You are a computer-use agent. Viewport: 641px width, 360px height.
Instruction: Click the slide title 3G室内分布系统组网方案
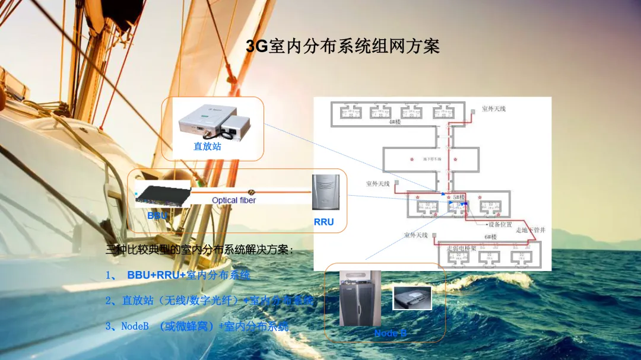pos(342,47)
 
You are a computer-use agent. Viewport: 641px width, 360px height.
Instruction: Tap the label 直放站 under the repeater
pos(207,146)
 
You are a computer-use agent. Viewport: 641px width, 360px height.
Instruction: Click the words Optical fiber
pos(234,200)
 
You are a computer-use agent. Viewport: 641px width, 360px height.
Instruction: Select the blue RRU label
pos(323,222)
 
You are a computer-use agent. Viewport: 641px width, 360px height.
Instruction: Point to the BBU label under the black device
pos(157,216)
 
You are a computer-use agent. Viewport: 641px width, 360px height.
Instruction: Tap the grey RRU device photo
pos(324,193)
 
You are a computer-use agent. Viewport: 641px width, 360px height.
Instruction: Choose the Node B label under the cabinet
pos(390,333)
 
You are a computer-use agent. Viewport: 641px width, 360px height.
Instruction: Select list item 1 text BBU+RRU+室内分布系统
pos(188,275)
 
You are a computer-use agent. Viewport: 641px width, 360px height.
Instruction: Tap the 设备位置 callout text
pos(500,225)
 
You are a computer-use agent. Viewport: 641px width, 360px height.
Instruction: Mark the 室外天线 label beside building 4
pos(493,109)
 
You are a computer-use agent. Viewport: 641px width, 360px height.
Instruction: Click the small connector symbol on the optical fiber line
pos(252,192)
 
